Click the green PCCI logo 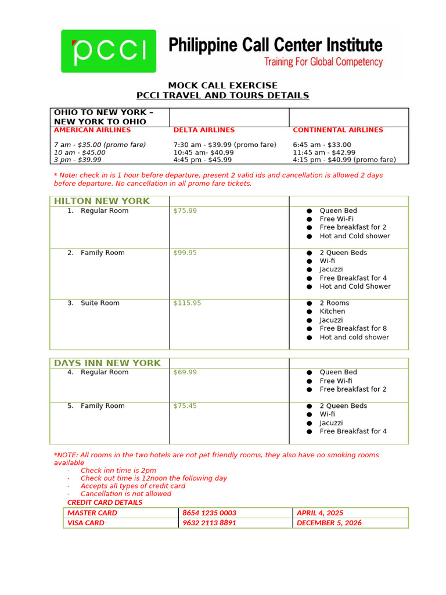point(109,51)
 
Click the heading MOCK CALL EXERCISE point(222,85)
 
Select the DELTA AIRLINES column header point(204,130)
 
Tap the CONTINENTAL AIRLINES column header point(338,130)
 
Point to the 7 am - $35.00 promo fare point(100,145)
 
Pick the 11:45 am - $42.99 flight point(324,152)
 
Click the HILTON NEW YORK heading point(102,201)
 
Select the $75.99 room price point(185,211)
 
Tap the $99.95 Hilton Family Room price point(185,253)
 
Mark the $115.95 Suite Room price point(187,303)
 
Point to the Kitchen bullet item point(332,311)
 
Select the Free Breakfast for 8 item point(353,328)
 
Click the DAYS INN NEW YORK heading point(107,363)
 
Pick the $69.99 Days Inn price point(185,372)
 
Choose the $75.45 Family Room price point(185,406)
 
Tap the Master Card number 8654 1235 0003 point(209,513)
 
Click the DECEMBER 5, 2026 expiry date point(329,523)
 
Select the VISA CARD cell point(86,523)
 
